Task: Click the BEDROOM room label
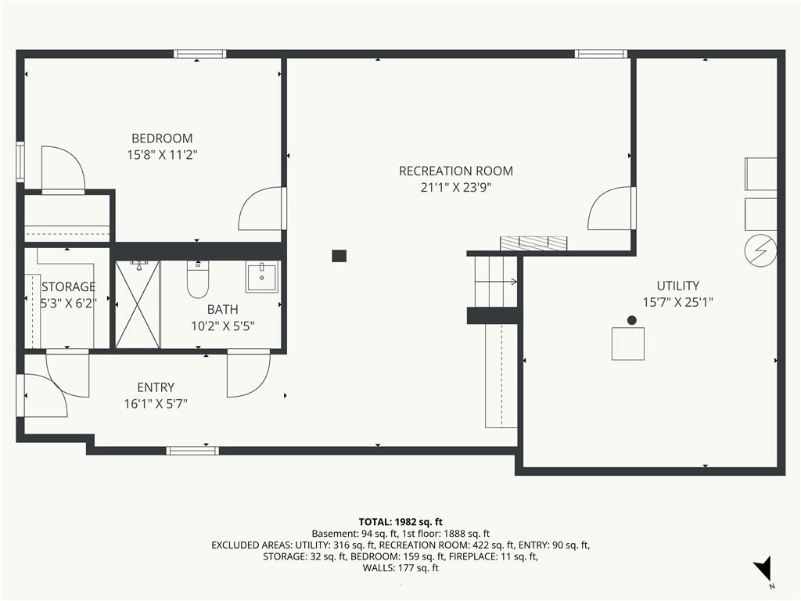[x=162, y=139]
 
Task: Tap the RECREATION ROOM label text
[x=456, y=171]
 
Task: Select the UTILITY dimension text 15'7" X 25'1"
[x=677, y=302]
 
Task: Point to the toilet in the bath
[x=197, y=279]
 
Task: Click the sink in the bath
[x=262, y=276]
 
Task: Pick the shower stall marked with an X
[x=138, y=304]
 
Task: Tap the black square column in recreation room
[x=339, y=256]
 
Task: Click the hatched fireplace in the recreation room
[x=533, y=243]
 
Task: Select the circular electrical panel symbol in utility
[x=760, y=250]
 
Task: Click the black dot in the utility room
[x=632, y=320]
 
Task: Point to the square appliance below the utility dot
[x=628, y=344]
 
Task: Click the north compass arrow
[x=763, y=568]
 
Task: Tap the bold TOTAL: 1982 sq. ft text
[x=400, y=522]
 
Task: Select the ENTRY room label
[x=156, y=387]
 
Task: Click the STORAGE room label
[x=69, y=286]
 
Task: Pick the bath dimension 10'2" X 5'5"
[x=223, y=326]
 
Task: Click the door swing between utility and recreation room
[x=609, y=208]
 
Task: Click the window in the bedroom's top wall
[x=199, y=54]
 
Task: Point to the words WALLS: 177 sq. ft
[x=400, y=568]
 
